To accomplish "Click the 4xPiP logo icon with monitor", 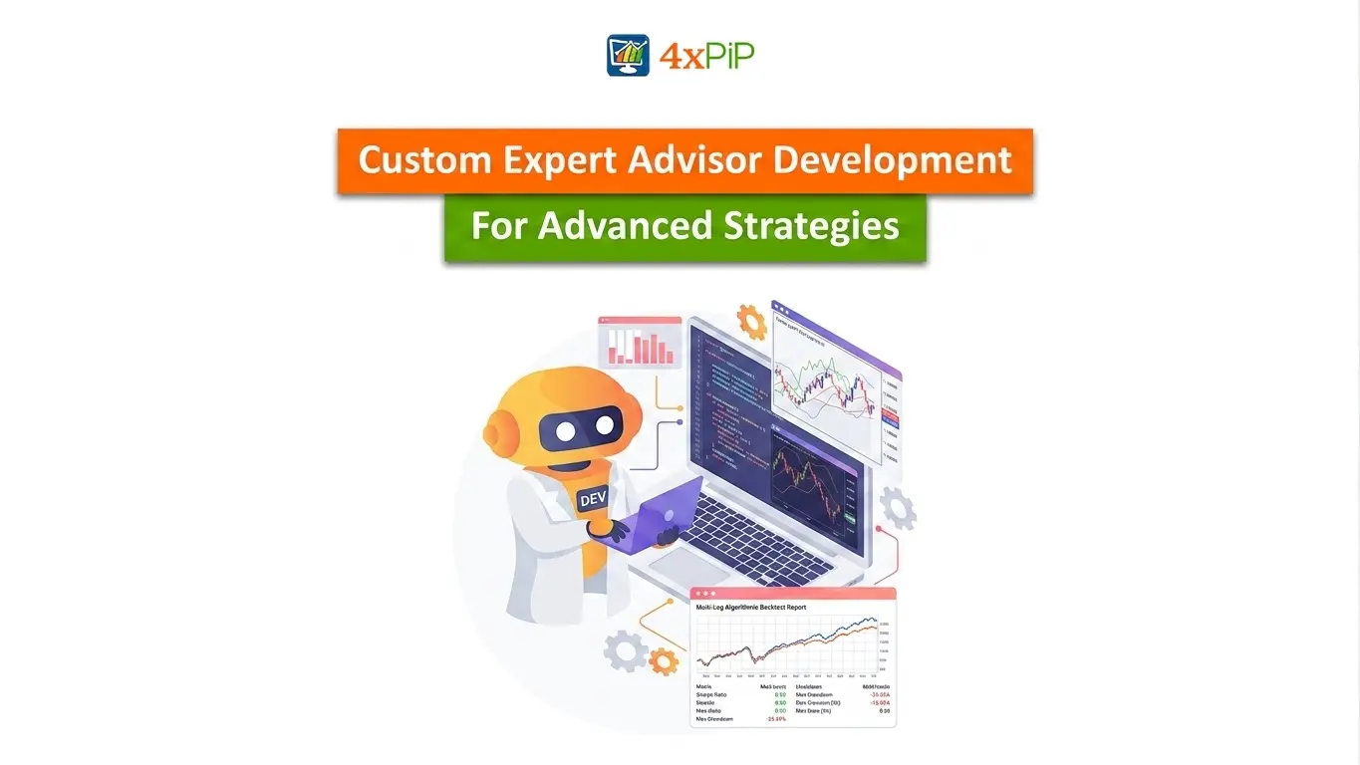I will coord(628,56).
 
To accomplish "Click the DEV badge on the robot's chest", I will coord(591,500).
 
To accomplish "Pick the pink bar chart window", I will coord(640,343).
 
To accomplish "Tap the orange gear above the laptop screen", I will coord(751,322).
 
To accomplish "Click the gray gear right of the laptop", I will coord(898,509).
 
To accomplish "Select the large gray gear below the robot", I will coord(626,650).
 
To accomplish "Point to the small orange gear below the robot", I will coord(664,660).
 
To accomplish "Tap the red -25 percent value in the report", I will coord(775,718).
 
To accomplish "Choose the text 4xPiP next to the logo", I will coord(707,56).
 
